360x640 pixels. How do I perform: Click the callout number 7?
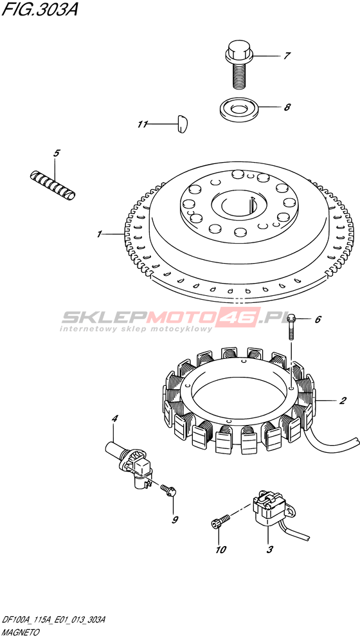coord(287,56)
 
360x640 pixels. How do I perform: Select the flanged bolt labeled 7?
coord(238,65)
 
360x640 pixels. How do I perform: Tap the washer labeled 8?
coord(238,108)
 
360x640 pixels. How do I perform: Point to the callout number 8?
coord(287,107)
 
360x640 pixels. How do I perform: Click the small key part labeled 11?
coord(182,124)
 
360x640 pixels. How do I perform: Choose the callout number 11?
coord(141,125)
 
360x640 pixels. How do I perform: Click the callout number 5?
coord(57,154)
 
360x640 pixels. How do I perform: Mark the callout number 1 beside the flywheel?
coord(99,234)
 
